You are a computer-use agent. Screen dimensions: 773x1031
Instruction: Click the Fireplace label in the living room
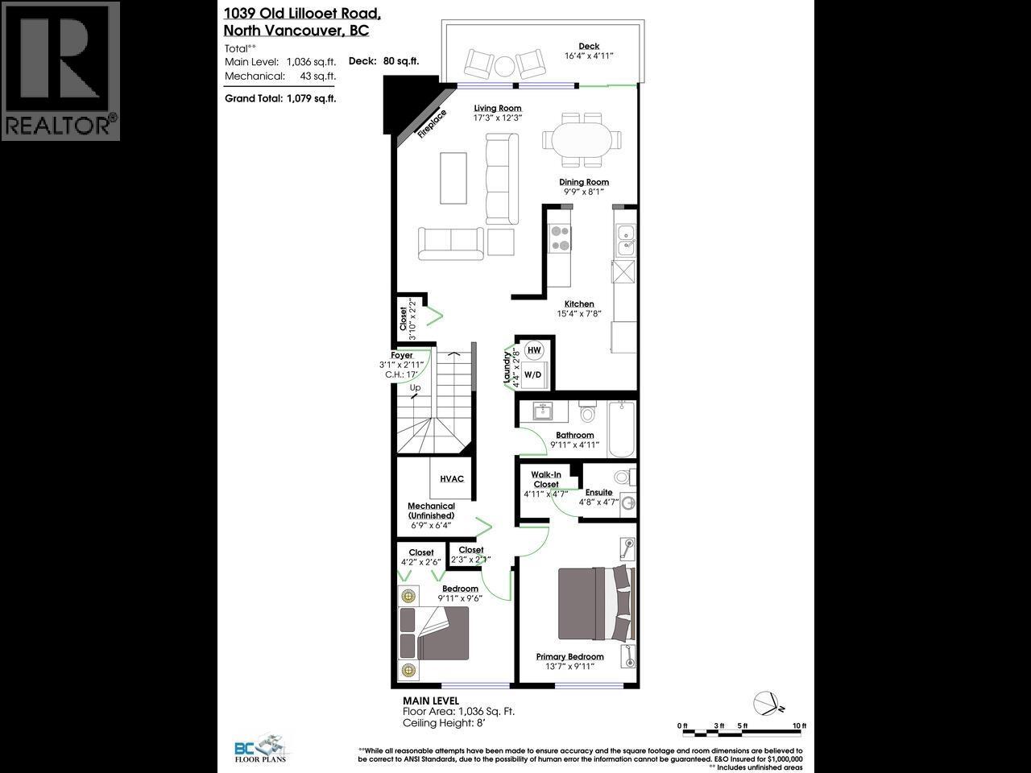point(432,124)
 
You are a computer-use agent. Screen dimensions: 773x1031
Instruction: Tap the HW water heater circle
point(533,350)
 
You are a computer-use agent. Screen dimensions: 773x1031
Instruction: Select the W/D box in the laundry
point(532,374)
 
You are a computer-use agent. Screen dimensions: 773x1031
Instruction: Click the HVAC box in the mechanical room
point(452,479)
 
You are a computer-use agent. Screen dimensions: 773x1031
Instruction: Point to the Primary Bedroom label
point(570,657)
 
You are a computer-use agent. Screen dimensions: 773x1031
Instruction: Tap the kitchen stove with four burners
point(559,238)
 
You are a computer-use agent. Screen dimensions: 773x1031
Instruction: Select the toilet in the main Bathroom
point(587,413)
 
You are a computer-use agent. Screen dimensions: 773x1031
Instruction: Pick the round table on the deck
point(506,64)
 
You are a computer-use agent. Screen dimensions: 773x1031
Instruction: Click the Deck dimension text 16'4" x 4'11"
point(589,56)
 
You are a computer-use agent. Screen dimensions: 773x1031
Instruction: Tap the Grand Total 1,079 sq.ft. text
point(280,98)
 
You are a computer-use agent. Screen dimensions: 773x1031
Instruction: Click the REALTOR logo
point(60,71)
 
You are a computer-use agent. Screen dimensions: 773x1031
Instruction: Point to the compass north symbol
point(768,703)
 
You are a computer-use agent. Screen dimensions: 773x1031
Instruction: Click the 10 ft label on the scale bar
point(798,725)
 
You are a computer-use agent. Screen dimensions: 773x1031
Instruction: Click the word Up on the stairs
point(416,388)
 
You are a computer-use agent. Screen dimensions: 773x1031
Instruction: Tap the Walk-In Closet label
point(545,480)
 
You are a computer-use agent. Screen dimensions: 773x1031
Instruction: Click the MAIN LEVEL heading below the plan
point(431,701)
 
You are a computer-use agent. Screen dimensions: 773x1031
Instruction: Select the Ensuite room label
point(598,492)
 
